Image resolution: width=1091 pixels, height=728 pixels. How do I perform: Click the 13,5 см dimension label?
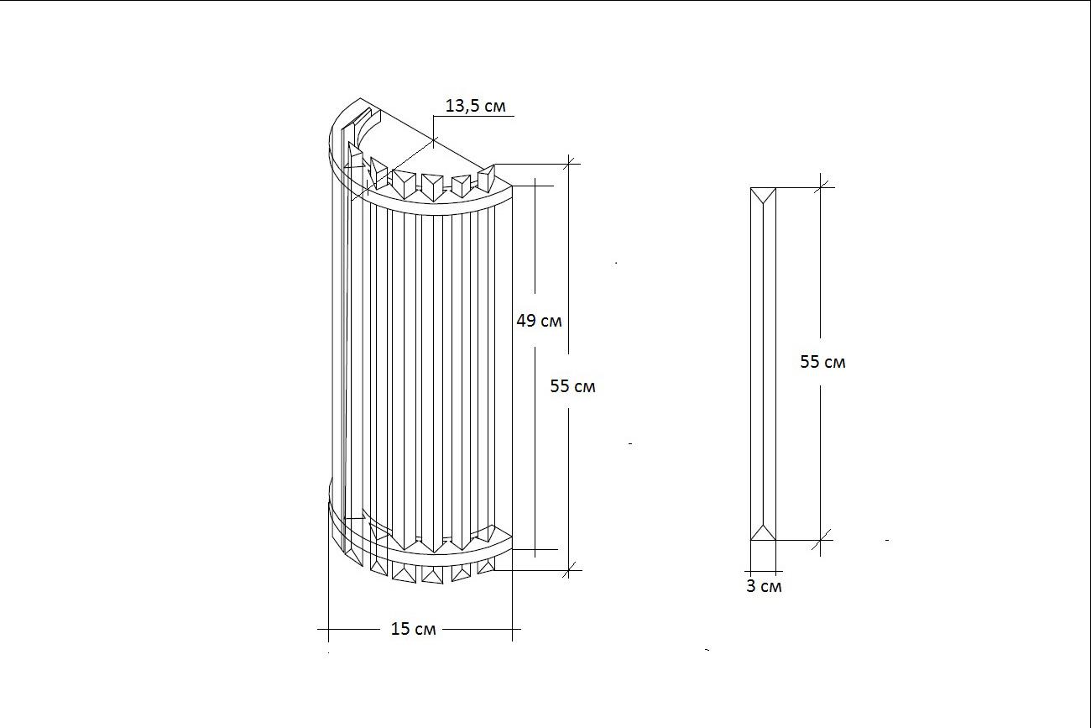[475, 106]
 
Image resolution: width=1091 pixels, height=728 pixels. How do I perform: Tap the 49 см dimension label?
[539, 321]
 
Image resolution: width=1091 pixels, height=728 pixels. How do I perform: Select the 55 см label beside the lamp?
[572, 386]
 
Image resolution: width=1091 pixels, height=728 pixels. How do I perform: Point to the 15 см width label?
[413, 629]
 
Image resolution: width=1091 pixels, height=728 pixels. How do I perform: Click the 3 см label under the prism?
[764, 586]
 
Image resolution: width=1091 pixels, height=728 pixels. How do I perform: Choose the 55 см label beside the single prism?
[822, 362]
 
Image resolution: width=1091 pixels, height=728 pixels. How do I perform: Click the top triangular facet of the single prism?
[763, 195]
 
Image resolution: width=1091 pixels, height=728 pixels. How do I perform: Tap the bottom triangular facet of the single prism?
[763, 532]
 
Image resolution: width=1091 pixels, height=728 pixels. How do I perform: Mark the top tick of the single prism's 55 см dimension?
[820, 187]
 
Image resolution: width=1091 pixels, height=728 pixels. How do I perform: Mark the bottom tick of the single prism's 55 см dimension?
[820, 540]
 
